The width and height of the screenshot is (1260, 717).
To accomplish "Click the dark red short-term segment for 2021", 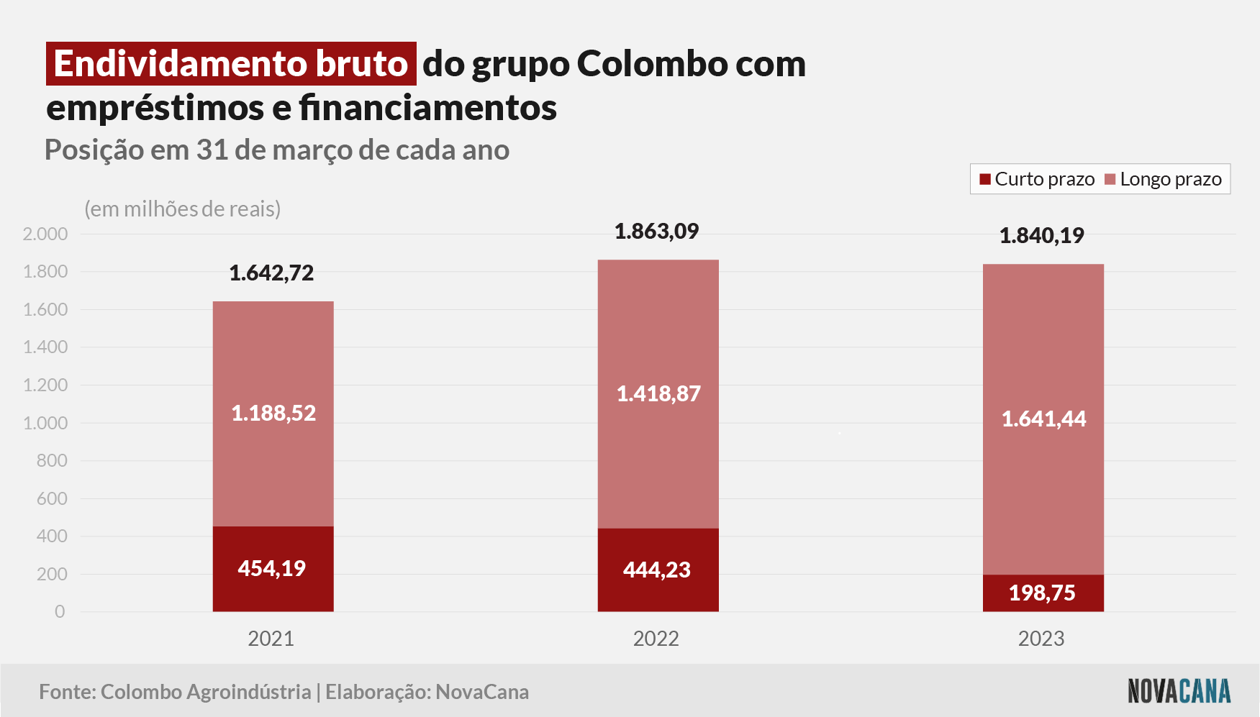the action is (273, 569).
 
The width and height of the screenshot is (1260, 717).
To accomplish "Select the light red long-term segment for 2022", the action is (658, 394).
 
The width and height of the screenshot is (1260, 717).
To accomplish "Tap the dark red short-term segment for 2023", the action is (1043, 593).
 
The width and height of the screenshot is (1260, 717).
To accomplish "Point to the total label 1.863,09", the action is (656, 232).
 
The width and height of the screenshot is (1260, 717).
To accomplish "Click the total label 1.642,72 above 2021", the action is (271, 273).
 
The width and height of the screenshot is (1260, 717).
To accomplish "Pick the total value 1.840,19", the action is (1041, 236).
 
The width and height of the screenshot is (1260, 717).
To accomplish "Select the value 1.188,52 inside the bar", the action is (273, 414).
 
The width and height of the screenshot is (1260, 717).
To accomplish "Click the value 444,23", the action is (657, 570).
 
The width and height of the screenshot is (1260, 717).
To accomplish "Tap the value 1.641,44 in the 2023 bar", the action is (1043, 419).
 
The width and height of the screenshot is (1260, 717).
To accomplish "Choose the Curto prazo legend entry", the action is (1037, 179).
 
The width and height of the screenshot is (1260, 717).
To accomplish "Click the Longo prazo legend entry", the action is (1163, 179).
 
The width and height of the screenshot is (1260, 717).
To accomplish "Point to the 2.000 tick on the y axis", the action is (45, 234).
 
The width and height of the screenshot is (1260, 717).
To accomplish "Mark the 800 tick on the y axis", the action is (52, 460).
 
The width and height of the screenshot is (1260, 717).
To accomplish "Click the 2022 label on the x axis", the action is (656, 639).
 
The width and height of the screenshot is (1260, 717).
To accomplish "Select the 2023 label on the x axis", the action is (1041, 639).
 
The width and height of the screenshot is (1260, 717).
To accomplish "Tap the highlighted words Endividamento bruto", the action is (231, 64).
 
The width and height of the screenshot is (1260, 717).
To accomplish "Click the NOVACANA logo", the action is (1179, 691).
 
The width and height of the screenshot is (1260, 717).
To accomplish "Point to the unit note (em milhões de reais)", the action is (183, 209).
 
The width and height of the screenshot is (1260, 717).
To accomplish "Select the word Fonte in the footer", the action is (68, 692).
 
